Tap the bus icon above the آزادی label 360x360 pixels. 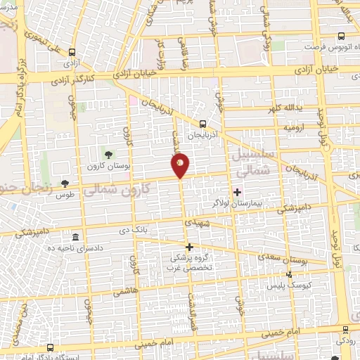72,53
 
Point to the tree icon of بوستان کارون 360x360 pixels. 108,154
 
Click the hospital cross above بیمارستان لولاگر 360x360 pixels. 237,192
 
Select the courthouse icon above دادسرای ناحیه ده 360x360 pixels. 75,237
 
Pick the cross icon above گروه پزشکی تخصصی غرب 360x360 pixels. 189,247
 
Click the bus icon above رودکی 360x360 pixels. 345,330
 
